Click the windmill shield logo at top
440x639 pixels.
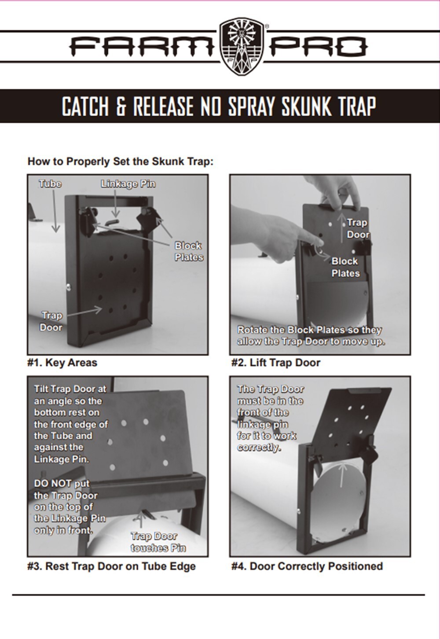(242, 46)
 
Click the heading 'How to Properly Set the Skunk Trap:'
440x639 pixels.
(120, 162)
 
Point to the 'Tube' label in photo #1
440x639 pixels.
(50, 184)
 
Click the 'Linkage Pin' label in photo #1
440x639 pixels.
(128, 184)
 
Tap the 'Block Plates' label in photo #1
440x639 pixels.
(188, 251)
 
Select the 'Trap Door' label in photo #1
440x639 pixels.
(51, 321)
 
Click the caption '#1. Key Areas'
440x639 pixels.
(62, 363)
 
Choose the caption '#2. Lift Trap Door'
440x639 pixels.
(276, 363)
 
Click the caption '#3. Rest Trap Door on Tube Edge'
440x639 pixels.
(111, 566)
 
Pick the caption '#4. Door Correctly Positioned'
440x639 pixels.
(307, 566)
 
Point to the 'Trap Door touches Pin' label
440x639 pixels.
(158, 542)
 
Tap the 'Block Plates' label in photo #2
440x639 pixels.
(345, 267)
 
